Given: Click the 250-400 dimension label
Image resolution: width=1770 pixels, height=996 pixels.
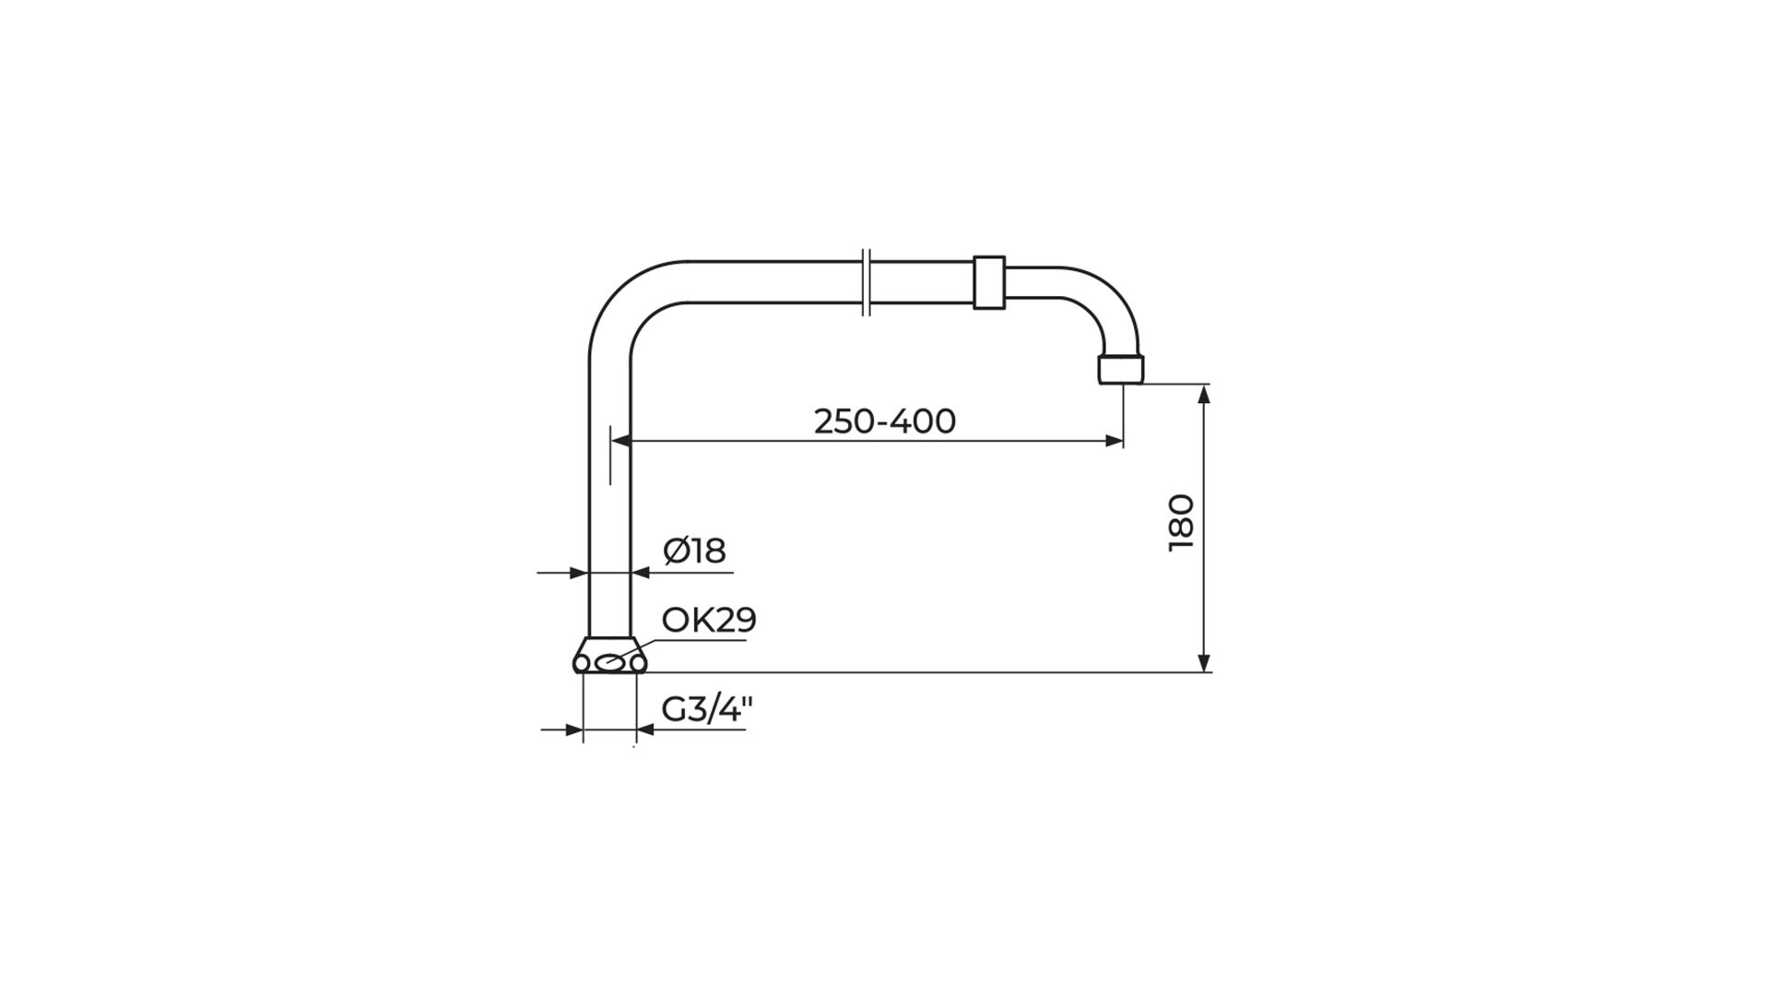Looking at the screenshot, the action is pos(885,421).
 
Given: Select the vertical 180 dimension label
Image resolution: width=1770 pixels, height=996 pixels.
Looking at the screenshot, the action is pos(1181,523).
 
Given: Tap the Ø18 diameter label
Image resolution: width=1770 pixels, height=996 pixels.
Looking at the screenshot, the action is pos(695,551).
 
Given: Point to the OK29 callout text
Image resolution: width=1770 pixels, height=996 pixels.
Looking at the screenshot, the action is pos(709,620).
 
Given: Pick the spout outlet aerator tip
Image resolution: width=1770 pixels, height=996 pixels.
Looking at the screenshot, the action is pos(1121,369).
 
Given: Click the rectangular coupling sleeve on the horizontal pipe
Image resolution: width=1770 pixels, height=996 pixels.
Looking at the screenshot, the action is pos(989,282).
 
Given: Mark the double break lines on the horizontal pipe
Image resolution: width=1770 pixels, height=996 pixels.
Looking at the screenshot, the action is pos(866,282).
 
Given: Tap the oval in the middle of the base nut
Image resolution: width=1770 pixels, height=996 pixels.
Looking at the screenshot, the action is pos(609,662).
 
